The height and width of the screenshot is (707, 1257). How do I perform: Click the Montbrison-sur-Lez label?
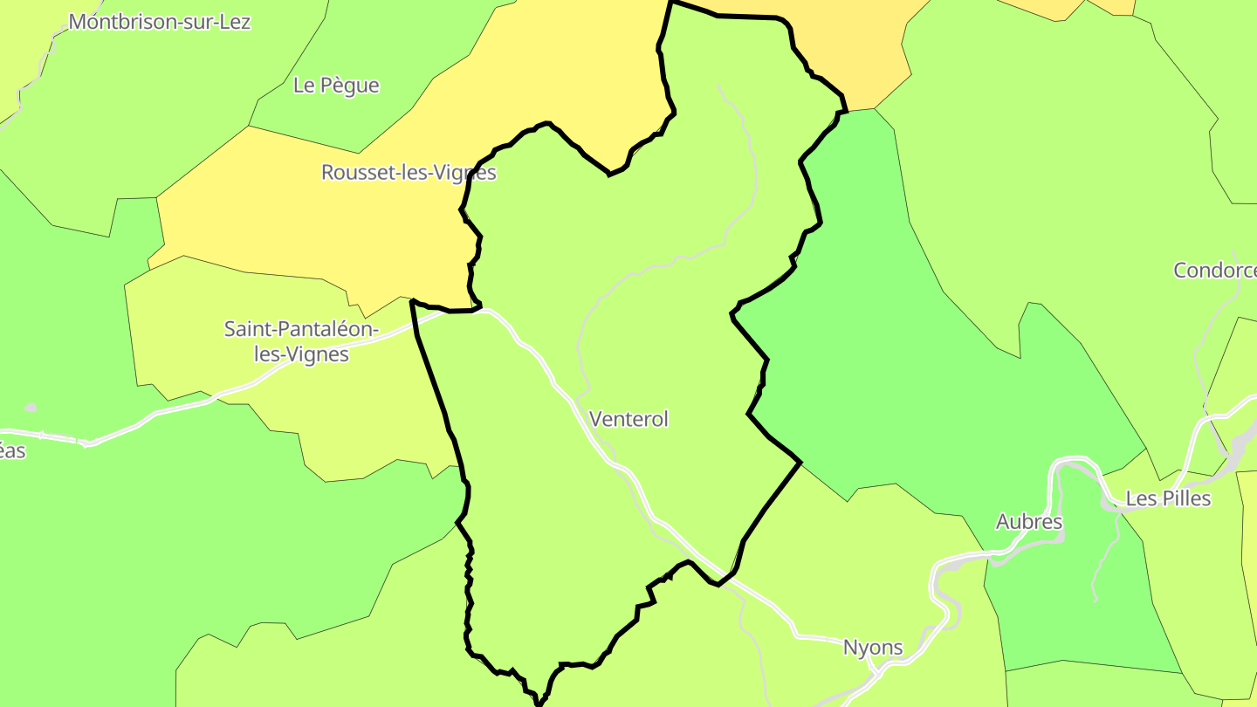[159, 22]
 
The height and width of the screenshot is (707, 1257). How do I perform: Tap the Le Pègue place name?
[336, 86]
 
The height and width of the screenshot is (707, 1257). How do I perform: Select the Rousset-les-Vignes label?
[409, 173]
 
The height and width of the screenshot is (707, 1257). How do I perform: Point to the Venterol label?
[628, 419]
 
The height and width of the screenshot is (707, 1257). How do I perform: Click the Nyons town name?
[872, 648]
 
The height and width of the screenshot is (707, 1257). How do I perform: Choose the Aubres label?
[1029, 522]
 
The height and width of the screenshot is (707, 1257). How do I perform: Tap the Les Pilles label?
[1168, 498]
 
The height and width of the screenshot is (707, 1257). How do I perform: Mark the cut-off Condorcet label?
[1214, 271]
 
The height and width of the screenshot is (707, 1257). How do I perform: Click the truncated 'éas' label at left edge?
[13, 451]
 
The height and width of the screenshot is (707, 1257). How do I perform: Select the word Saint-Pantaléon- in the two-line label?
[301, 330]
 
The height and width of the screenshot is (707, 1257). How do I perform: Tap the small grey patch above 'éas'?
[31, 408]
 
